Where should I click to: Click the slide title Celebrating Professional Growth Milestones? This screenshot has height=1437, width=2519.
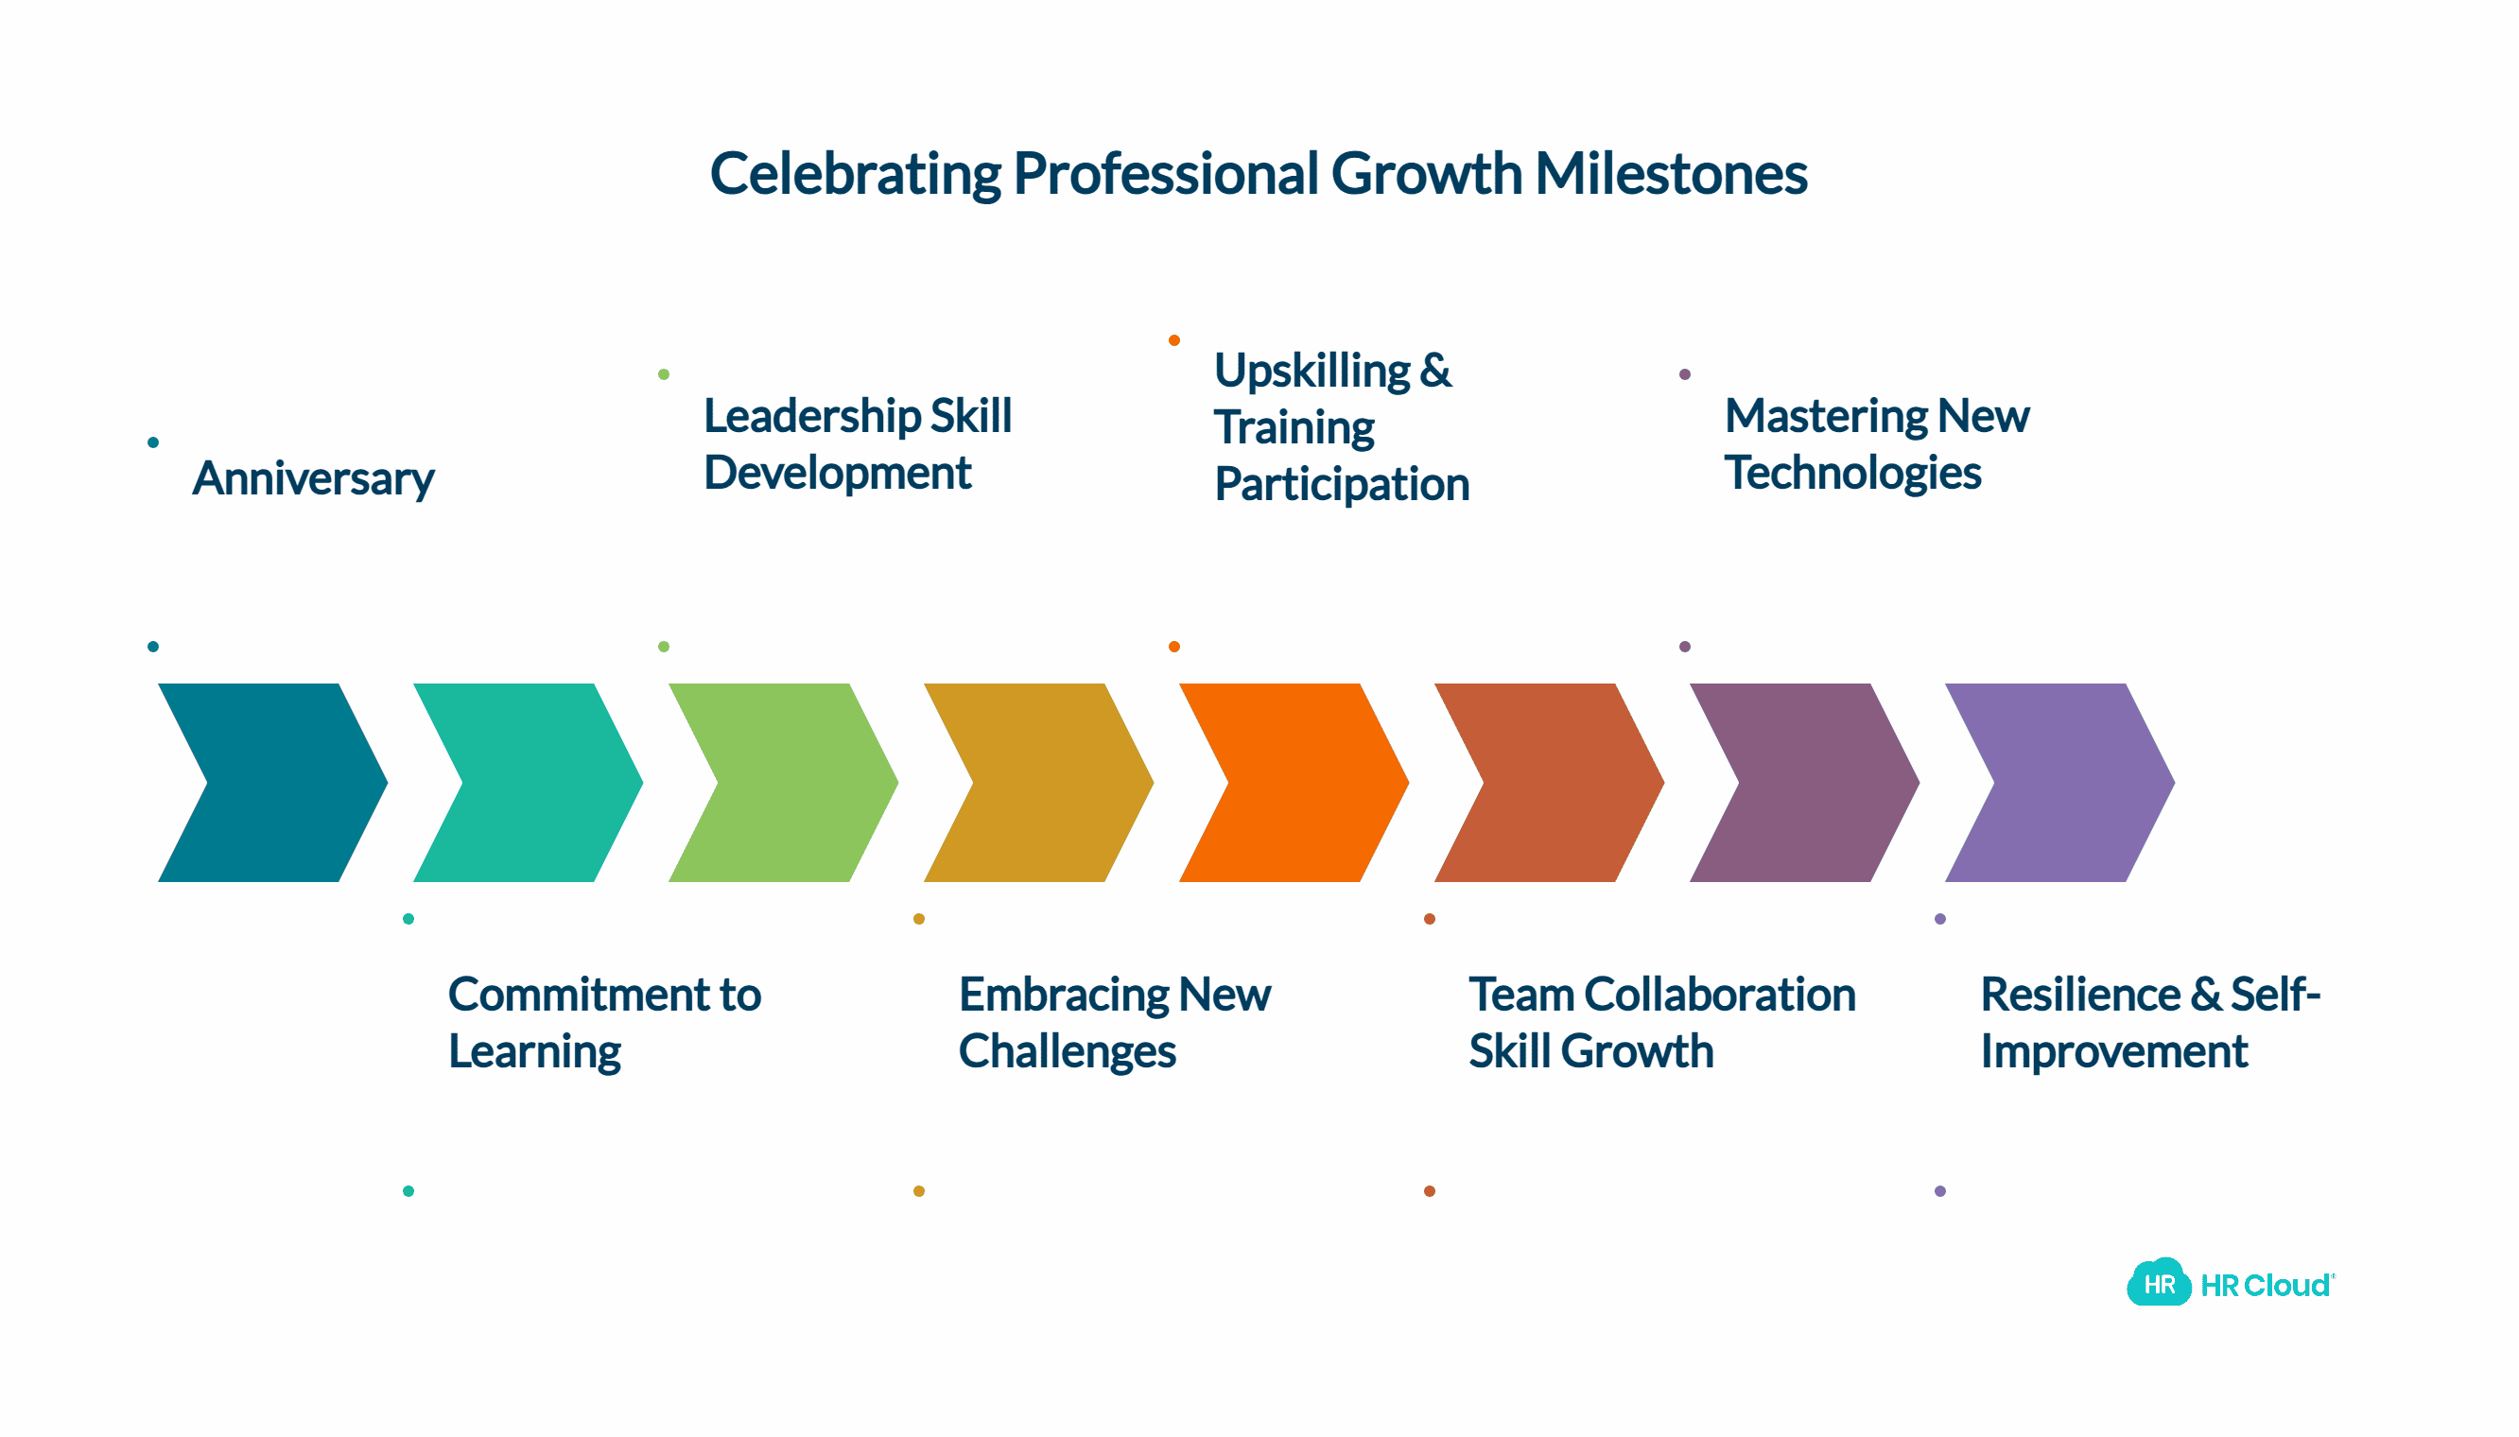click(x=1259, y=174)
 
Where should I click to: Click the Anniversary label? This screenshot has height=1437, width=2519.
click(x=313, y=478)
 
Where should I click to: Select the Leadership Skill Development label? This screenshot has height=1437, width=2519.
click(x=857, y=443)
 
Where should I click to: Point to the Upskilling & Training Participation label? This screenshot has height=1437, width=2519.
click(x=1342, y=426)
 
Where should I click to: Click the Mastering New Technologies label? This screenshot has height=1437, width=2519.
click(x=1876, y=443)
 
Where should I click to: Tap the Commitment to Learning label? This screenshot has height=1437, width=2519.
click(x=604, y=1023)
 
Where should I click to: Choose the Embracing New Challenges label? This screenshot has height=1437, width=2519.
click(x=1115, y=1023)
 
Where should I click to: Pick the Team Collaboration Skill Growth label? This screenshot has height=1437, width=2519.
click(x=1662, y=1023)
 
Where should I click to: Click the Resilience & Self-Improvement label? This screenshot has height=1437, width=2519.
click(x=2150, y=1023)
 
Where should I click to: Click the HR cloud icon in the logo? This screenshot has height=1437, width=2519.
click(x=2159, y=1282)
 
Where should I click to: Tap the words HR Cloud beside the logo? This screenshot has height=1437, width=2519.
click(x=2267, y=1285)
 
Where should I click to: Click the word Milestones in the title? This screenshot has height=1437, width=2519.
click(x=1671, y=174)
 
